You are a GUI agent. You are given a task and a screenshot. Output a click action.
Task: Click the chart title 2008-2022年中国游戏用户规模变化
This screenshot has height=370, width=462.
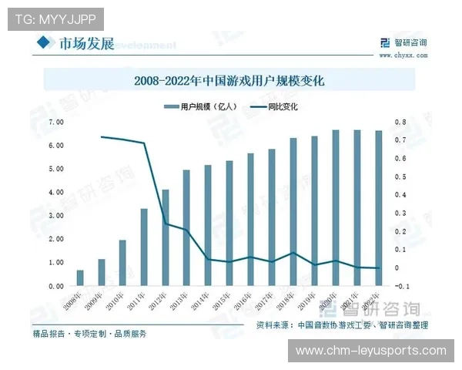pyautogui.click(x=229, y=80)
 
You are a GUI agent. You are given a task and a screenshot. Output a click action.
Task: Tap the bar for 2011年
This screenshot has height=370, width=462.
pyautogui.click(x=144, y=247)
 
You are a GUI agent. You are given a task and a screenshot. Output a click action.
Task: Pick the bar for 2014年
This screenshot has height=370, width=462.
pyautogui.click(x=208, y=225)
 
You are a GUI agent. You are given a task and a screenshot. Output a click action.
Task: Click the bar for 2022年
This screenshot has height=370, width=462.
pyautogui.click(x=378, y=208)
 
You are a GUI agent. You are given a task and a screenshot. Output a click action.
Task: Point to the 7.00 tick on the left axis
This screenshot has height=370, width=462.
pyautogui.click(x=55, y=122)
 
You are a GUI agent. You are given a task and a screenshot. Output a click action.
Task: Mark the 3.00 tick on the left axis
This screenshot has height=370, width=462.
pyautogui.click(x=55, y=216)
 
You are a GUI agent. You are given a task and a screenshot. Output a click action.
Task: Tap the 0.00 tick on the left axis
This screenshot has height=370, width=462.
pyautogui.click(x=55, y=286)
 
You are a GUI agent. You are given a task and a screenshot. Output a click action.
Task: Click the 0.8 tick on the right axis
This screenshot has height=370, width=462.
pyautogui.click(x=400, y=122)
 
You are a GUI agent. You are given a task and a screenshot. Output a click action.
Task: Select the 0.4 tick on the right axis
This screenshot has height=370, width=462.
pyautogui.click(x=400, y=195)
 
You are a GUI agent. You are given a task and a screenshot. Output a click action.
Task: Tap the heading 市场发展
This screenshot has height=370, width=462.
pyautogui.click(x=86, y=44)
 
